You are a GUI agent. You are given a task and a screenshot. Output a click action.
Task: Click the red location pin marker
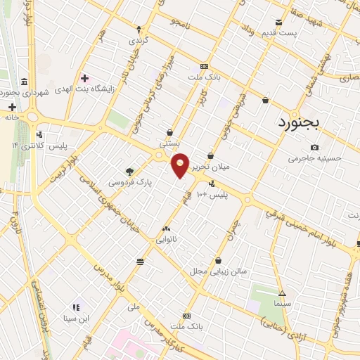(x=181, y=165)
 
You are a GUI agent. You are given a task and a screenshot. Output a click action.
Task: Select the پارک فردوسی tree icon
(x=129, y=171)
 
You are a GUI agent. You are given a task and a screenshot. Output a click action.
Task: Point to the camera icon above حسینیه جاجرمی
(x=314, y=147)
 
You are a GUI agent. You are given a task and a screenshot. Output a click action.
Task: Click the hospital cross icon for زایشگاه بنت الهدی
(x=85, y=78)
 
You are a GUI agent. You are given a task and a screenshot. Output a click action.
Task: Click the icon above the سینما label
(x=282, y=292)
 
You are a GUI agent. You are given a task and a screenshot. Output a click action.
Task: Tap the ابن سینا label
(x=75, y=318)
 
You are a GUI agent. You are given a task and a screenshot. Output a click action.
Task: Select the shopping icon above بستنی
(x=170, y=131)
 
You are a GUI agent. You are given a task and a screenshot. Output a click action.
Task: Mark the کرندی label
(x=139, y=41)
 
